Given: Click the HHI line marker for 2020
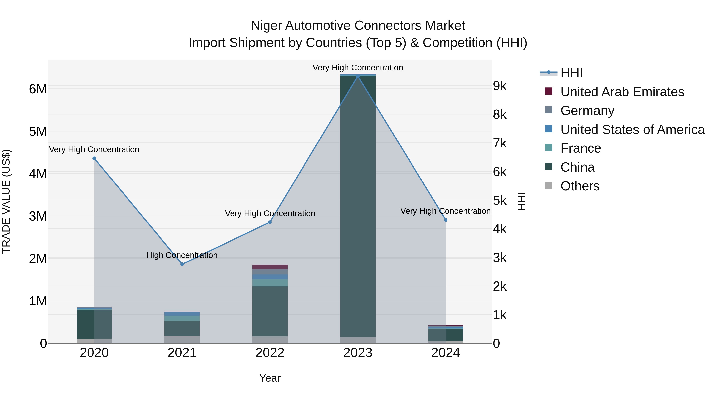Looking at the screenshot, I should pos(94,158).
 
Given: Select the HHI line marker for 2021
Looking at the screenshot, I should pos(182,264).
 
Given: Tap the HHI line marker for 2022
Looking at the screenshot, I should pos(270,222).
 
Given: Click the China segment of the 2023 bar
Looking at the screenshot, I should pos(358,206).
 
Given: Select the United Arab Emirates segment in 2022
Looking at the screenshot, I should pos(270,267).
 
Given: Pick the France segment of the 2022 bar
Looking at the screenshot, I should pos(270,283).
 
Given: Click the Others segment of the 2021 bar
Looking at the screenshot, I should pos(182,340).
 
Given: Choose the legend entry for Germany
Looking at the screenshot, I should pos(587,111).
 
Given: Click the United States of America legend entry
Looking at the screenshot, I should pos(632,130).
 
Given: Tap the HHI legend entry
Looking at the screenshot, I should pos(571,73).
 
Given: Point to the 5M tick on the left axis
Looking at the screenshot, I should pos(38,132).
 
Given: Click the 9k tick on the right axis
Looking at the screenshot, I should pos(500,86).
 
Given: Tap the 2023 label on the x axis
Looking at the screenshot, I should pos(358,353).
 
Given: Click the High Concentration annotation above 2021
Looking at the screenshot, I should pos(182,255).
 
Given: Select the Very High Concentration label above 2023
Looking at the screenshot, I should pos(358,68).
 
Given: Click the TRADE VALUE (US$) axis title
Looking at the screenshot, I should pos(6,201).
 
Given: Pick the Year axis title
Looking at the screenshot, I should pos(270,378).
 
